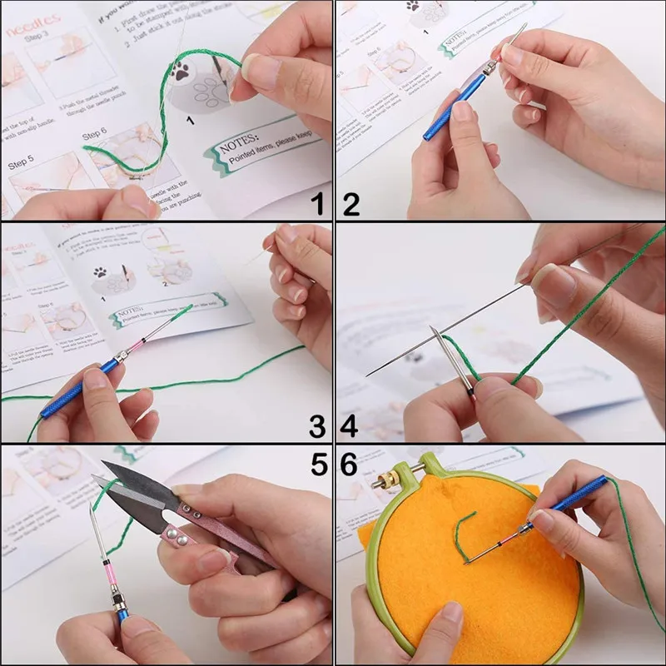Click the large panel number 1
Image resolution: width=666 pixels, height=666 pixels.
[x=316, y=201]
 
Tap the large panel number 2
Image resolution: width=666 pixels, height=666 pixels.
[x=351, y=201]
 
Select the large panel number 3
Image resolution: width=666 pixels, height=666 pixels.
[x=317, y=427]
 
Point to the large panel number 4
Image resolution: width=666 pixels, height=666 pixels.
[x=350, y=426]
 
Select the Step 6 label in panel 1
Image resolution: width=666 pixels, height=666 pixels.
[x=94, y=133]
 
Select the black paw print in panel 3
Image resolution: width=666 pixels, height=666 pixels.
[x=101, y=272]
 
